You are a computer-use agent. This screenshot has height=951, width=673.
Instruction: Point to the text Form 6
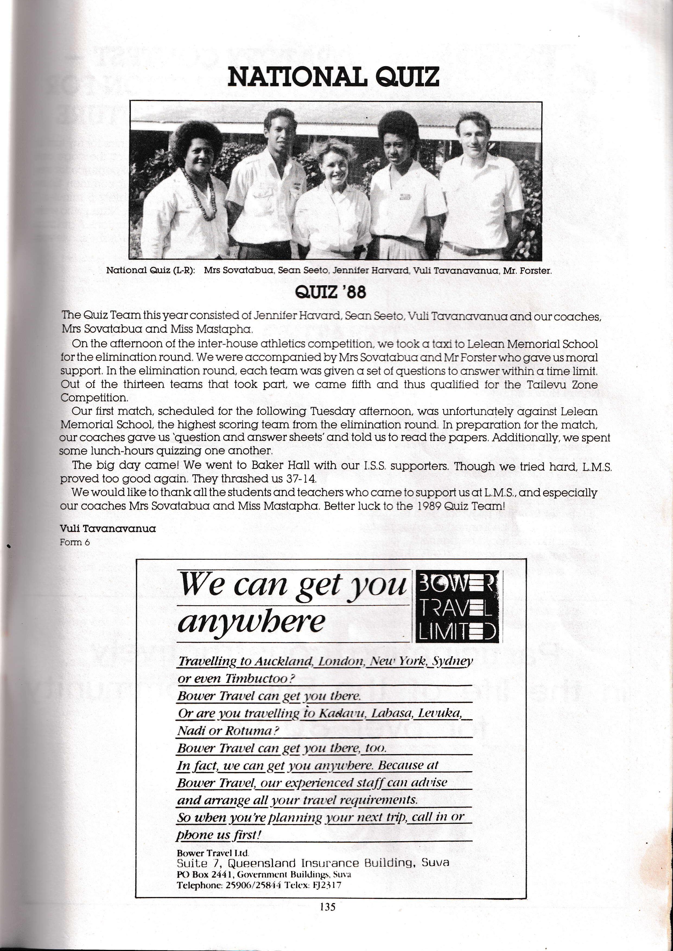coord(75,542)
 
